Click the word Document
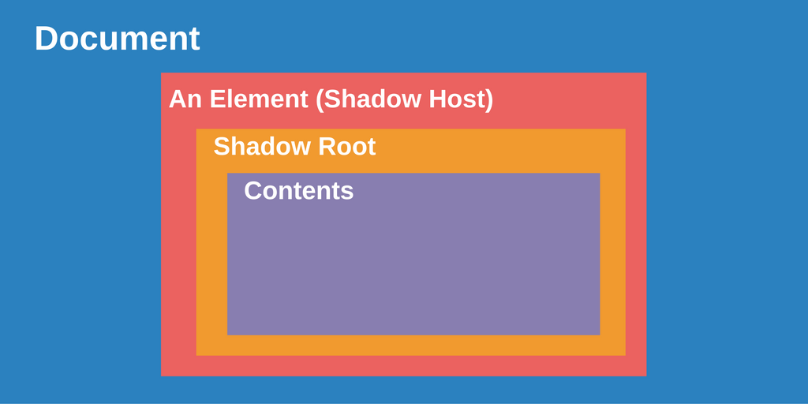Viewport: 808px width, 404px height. [117, 39]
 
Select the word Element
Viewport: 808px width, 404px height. [259, 99]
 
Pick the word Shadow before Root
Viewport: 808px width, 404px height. [262, 147]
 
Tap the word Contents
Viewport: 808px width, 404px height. [299, 191]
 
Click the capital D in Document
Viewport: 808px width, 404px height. [46, 39]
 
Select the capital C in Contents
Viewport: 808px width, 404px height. [252, 191]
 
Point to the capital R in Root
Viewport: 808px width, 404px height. [326, 148]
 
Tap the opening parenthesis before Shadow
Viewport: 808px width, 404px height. [320, 100]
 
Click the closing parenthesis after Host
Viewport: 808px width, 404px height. [488, 100]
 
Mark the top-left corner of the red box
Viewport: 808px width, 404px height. [161, 73]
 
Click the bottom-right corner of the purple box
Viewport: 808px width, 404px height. [600, 335]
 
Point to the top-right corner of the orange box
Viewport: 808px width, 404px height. [625, 129]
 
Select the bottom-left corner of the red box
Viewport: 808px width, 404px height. [161, 376]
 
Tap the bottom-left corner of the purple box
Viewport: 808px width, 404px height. [227, 335]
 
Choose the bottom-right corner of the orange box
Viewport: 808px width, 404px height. [625, 355]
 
